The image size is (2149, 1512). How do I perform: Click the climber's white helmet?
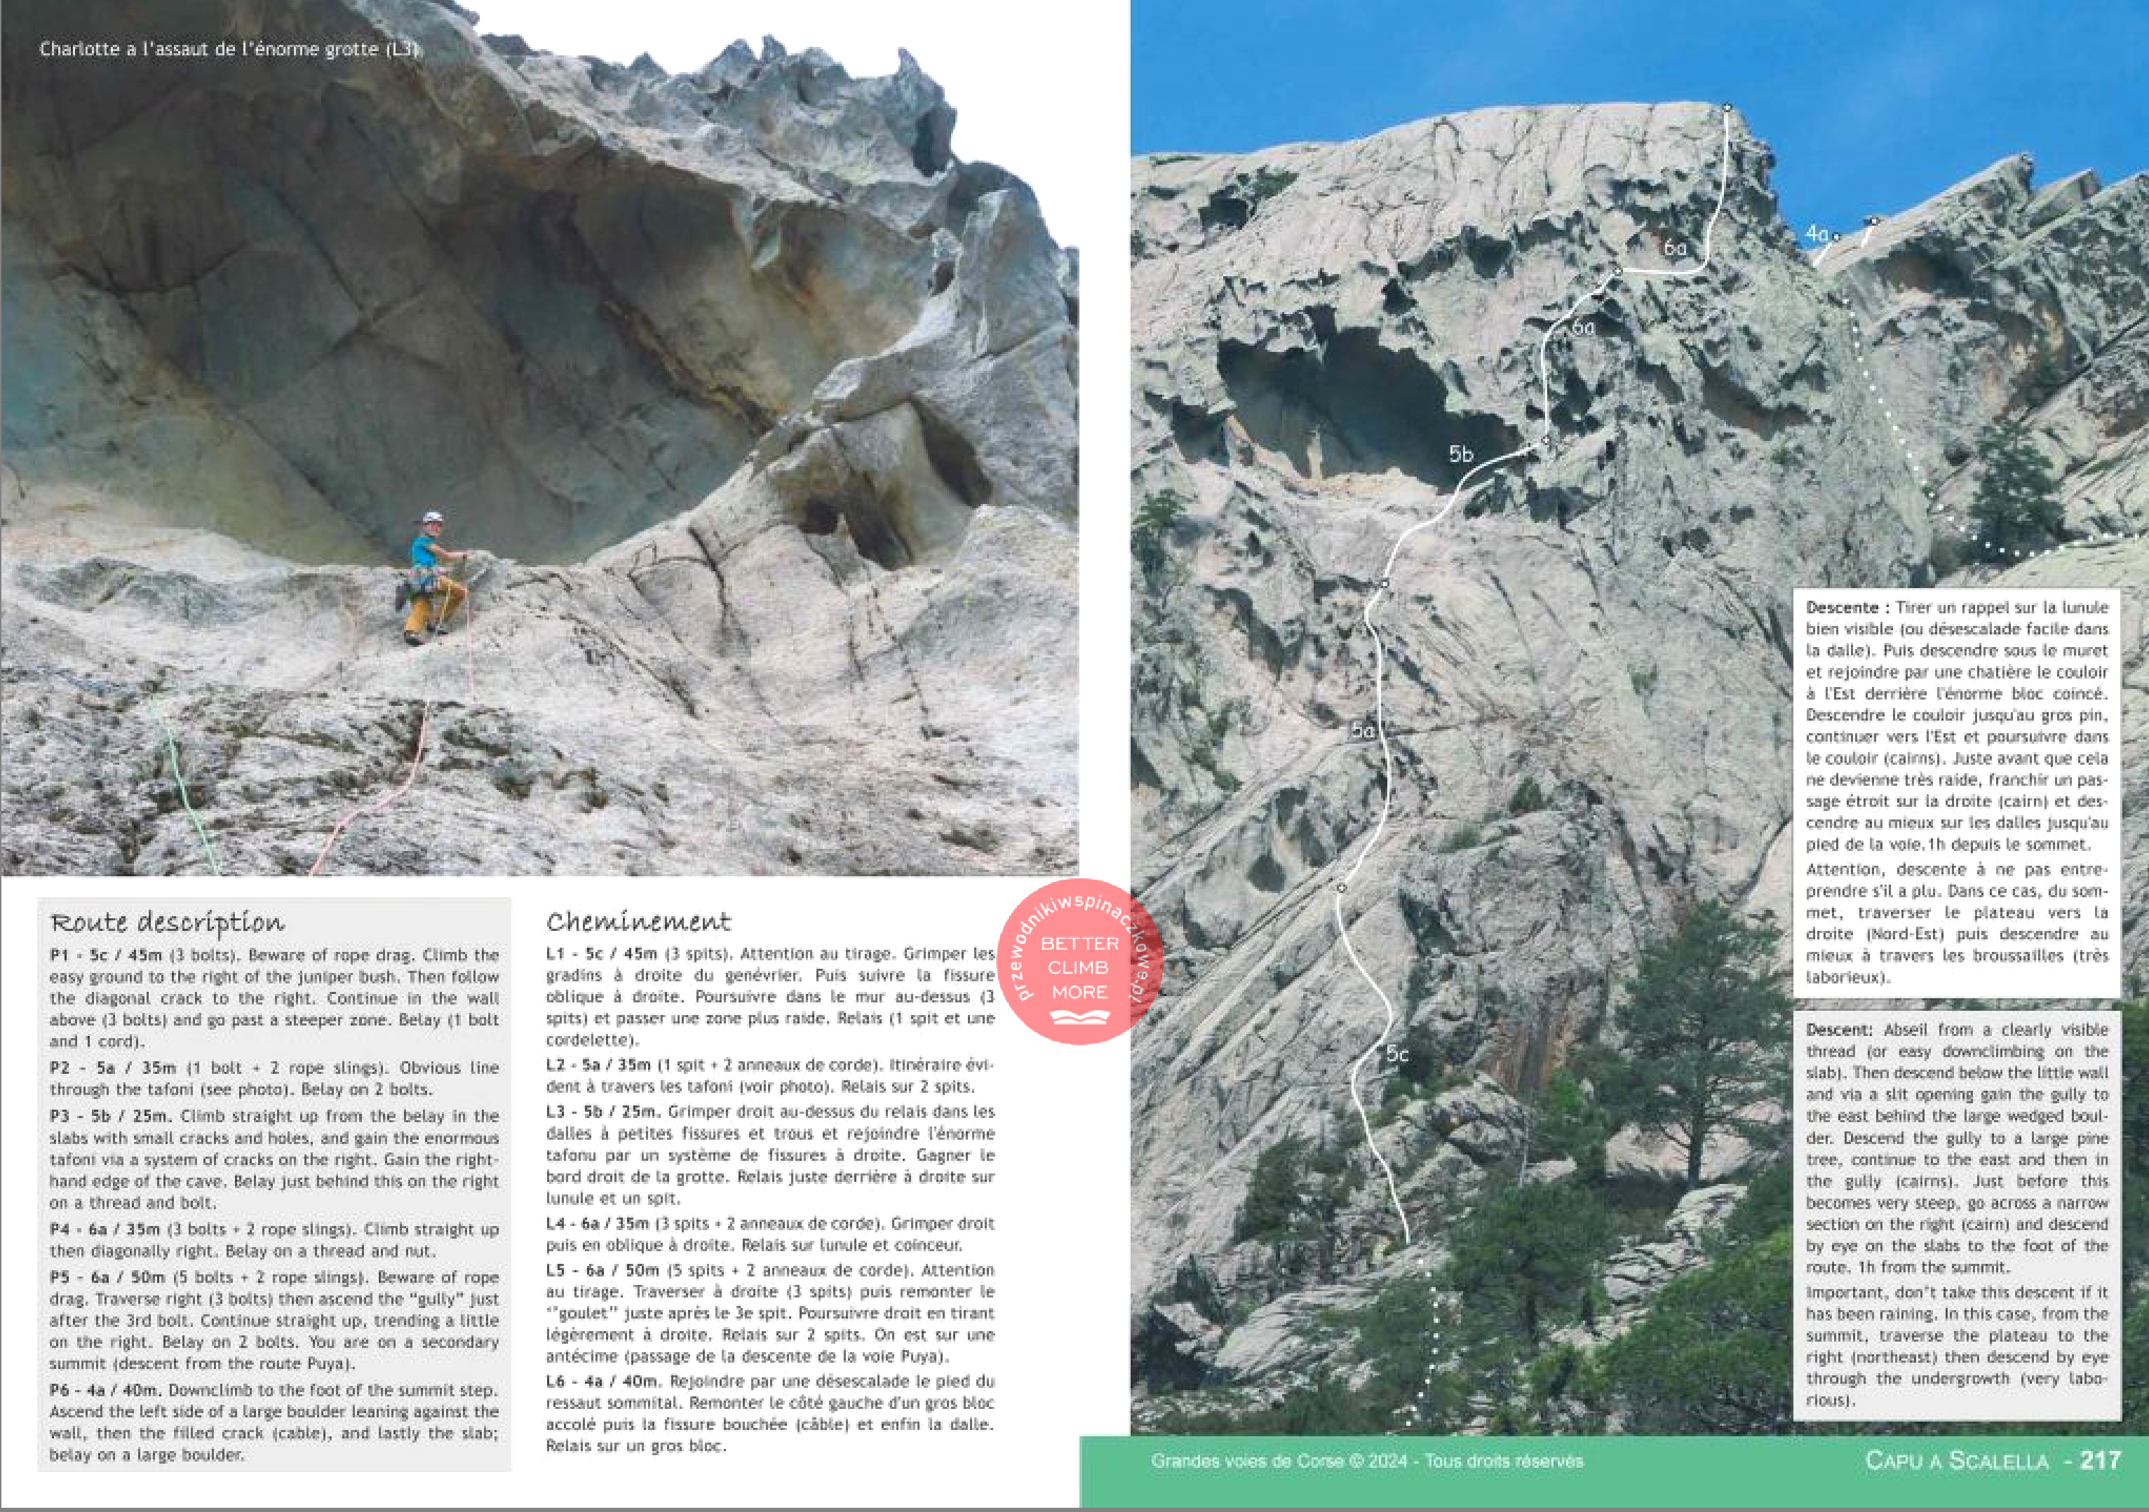(x=431, y=517)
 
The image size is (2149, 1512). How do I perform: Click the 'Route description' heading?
(x=168, y=922)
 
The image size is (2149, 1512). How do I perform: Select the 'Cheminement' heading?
(x=638, y=922)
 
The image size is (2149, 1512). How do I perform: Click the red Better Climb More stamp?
(x=1079, y=964)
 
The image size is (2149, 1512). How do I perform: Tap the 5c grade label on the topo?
(x=1397, y=1054)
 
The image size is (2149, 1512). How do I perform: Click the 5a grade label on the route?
(x=1363, y=730)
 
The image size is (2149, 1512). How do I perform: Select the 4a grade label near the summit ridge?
(x=1817, y=233)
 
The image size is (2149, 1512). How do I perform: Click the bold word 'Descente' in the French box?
(x=1841, y=607)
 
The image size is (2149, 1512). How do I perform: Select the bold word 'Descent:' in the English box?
(x=1839, y=1029)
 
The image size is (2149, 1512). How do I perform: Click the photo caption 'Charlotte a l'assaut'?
(x=229, y=48)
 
